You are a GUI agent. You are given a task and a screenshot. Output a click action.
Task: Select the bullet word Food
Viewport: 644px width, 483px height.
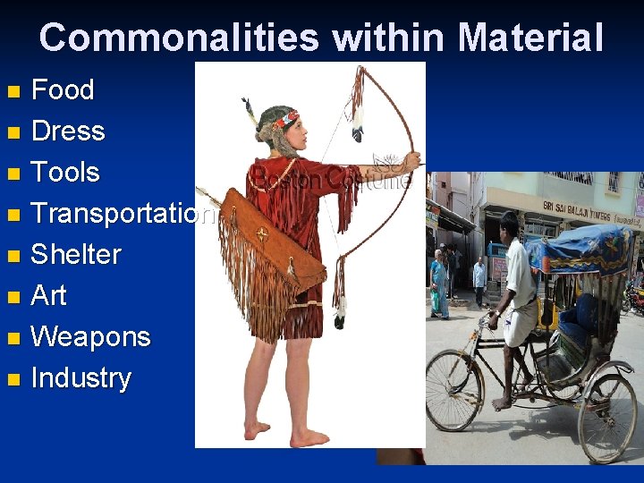pos(63,89)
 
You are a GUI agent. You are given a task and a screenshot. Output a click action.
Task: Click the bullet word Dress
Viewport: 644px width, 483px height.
pos(68,131)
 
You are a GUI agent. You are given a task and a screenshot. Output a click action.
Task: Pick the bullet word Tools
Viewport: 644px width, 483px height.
pos(65,172)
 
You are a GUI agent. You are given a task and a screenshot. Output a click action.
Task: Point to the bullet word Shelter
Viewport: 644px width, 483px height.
pos(76,254)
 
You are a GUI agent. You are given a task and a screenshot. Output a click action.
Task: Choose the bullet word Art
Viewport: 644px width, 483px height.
pos(48,295)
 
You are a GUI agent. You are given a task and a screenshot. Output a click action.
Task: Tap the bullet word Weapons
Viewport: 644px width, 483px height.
pos(90,336)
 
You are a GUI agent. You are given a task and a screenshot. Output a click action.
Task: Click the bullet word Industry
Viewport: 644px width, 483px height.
pos(80,377)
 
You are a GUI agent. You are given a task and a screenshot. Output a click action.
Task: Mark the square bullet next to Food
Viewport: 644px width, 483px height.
pos(12,91)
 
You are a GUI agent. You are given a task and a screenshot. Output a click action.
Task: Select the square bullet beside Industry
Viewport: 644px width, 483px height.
pos(12,379)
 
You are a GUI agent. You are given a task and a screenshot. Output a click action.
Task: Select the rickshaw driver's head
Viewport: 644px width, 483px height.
pos(510,225)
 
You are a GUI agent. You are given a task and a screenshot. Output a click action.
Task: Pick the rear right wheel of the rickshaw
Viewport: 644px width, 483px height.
pos(607,417)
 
